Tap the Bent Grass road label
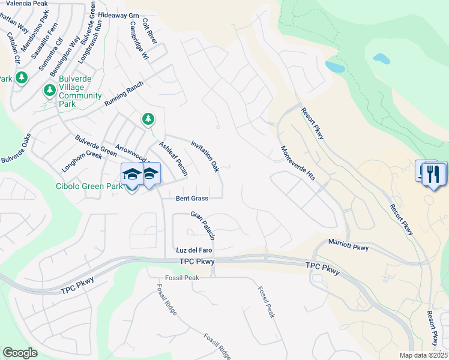[192, 198]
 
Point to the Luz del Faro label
[194, 250]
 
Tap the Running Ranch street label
[124, 94]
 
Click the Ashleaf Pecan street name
[173, 158]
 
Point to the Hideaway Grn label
[119, 15]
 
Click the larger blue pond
[336, 66]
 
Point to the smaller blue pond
[381, 59]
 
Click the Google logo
[20, 353]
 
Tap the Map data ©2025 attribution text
[423, 355]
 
